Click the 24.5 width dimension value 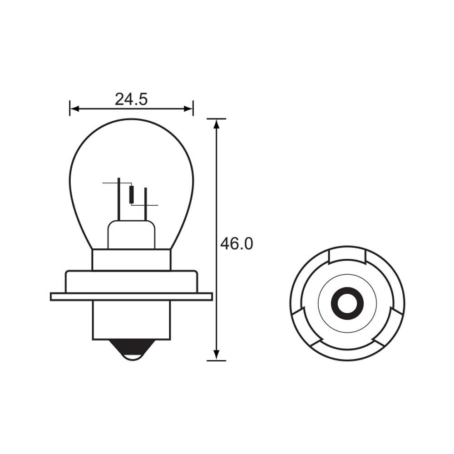point(131,99)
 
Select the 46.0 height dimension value point(237,244)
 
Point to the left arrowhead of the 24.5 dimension point(74,109)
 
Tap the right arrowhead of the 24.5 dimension point(188,109)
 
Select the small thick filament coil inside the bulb point(132,194)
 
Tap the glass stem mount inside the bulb point(131,235)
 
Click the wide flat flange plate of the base point(131,296)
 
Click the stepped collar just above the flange point(131,281)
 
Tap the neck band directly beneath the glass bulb point(131,259)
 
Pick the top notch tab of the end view point(347,255)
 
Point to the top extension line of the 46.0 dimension point(217,119)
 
